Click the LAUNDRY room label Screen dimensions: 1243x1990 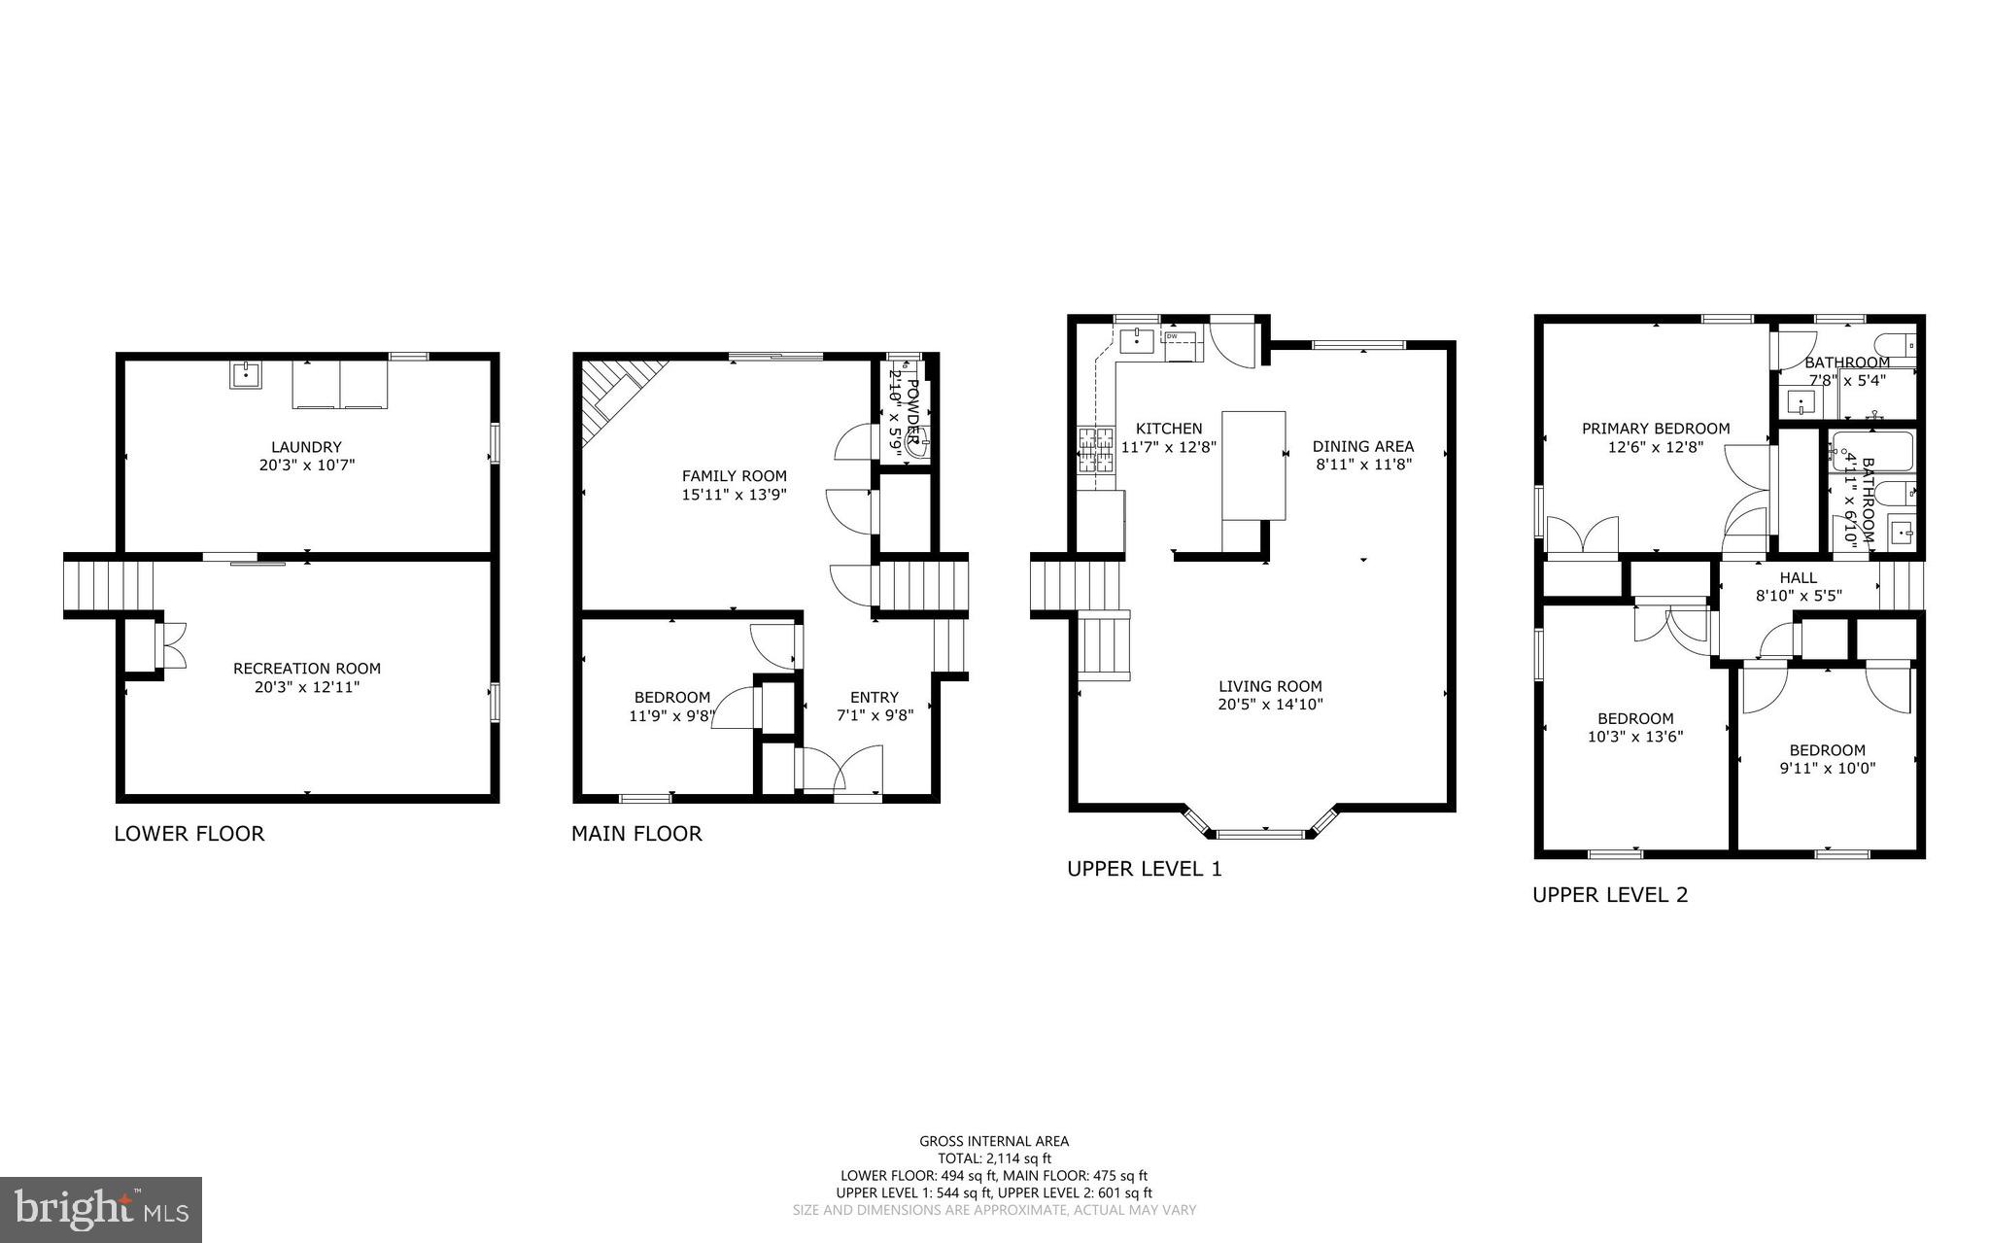306,447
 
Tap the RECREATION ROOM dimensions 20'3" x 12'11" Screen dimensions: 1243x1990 306,687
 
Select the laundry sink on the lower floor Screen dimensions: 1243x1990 246,374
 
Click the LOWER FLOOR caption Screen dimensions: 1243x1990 189,833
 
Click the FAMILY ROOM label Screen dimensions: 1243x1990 734,476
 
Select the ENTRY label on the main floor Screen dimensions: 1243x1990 874,697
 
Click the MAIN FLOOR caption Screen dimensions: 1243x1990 636,833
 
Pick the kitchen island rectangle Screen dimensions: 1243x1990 1253,466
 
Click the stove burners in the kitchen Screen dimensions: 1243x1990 1096,450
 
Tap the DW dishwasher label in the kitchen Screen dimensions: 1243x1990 1172,336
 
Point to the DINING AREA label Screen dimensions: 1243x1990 1362,447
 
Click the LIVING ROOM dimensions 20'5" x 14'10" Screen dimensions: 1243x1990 1270,705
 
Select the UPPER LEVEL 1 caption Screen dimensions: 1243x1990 1144,869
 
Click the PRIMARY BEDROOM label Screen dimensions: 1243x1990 1656,429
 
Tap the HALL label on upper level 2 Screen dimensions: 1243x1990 1798,578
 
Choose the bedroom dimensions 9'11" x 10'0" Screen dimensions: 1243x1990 1827,768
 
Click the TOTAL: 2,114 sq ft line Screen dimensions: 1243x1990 994,1158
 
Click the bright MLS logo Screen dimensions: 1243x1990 101,1209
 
